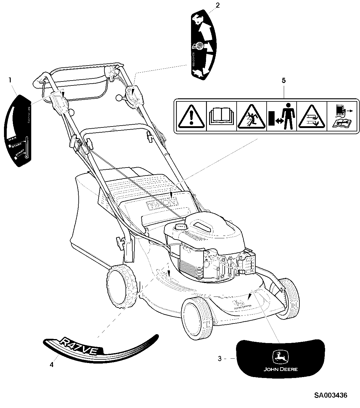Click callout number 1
[x=10, y=80]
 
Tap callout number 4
[x=51, y=365]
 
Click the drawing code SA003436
[x=331, y=395]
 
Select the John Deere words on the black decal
[x=281, y=369]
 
